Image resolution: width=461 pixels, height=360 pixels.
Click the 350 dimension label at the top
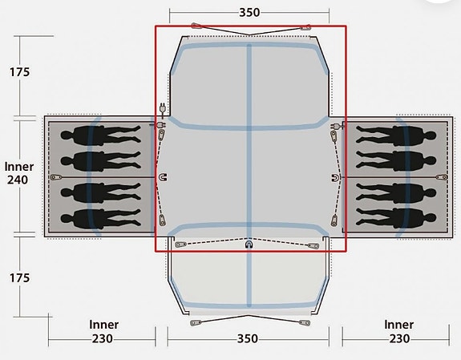pos(249,14)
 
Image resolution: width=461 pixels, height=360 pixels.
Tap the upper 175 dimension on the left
pos(20,72)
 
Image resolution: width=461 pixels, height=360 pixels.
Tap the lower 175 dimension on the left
pos(20,277)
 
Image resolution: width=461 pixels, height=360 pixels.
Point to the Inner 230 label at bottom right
pos(398,331)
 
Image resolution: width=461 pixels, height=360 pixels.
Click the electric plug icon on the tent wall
pos(162,109)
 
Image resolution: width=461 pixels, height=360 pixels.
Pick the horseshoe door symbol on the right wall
pos(334,177)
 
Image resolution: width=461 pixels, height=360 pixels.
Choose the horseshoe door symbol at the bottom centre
pos(249,244)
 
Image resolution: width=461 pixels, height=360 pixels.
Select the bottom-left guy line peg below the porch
pos(196,323)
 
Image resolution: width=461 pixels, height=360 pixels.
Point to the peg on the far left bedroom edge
pos(55,176)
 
